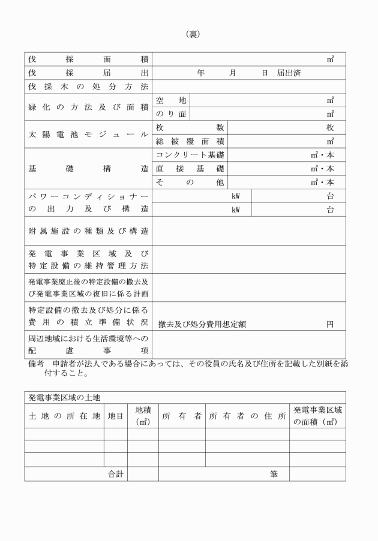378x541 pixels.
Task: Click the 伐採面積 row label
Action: [88, 59]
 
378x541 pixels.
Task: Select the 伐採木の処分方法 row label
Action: [88, 87]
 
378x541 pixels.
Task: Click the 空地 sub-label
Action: [171, 100]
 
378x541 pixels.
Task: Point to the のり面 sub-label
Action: [171, 114]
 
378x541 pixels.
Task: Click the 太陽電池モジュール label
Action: [88, 135]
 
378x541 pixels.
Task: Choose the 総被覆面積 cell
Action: [190, 141]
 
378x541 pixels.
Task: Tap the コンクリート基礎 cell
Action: [190, 155]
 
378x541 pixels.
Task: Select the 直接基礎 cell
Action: [190, 169]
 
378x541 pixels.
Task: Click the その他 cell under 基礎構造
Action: [190, 182]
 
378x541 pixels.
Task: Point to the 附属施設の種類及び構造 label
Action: [88, 231]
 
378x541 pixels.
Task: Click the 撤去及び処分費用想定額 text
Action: [202, 324]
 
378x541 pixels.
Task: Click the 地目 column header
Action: [115, 416]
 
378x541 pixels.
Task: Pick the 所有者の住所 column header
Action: [247, 416]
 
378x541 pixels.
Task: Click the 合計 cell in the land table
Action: [115, 474]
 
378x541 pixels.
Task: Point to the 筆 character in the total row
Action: [274, 474]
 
